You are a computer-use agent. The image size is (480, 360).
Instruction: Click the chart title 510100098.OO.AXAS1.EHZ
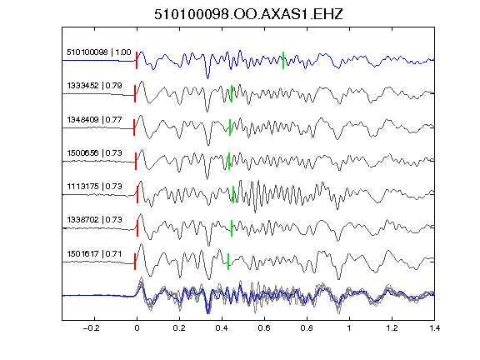248,14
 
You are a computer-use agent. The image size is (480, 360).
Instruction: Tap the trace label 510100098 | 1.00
99,52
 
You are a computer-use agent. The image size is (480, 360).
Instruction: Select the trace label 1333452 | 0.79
95,85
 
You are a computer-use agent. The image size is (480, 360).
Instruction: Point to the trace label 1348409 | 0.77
95,119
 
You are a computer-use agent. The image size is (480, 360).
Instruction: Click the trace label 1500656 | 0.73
95,152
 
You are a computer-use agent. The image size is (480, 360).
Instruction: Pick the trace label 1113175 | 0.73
95,186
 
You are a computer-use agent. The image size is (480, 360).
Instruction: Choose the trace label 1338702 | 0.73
95,219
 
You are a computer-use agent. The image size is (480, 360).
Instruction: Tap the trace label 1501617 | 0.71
95,254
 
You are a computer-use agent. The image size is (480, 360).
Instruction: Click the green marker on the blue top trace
283,60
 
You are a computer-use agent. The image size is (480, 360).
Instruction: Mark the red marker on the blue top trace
137,60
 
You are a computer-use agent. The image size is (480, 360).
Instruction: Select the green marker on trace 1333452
232,93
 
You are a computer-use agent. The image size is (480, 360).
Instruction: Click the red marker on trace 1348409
134,127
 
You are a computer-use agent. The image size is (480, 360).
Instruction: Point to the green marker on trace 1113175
233,194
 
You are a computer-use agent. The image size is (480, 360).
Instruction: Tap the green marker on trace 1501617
228,262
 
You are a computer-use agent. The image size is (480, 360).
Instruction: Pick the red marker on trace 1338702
137,228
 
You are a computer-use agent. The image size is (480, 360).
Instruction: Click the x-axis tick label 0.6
264,328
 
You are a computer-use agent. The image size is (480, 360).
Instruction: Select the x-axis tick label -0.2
92,328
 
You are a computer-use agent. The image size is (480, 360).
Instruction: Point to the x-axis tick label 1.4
435,328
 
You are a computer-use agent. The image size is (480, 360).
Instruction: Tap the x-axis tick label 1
349,328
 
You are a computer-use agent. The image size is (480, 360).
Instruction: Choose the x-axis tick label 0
137,328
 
